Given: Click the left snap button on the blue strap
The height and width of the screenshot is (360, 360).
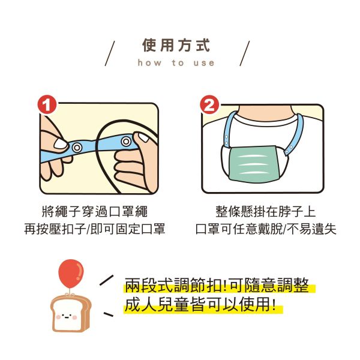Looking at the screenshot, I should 77,146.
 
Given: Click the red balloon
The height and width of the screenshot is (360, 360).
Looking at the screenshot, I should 70,272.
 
